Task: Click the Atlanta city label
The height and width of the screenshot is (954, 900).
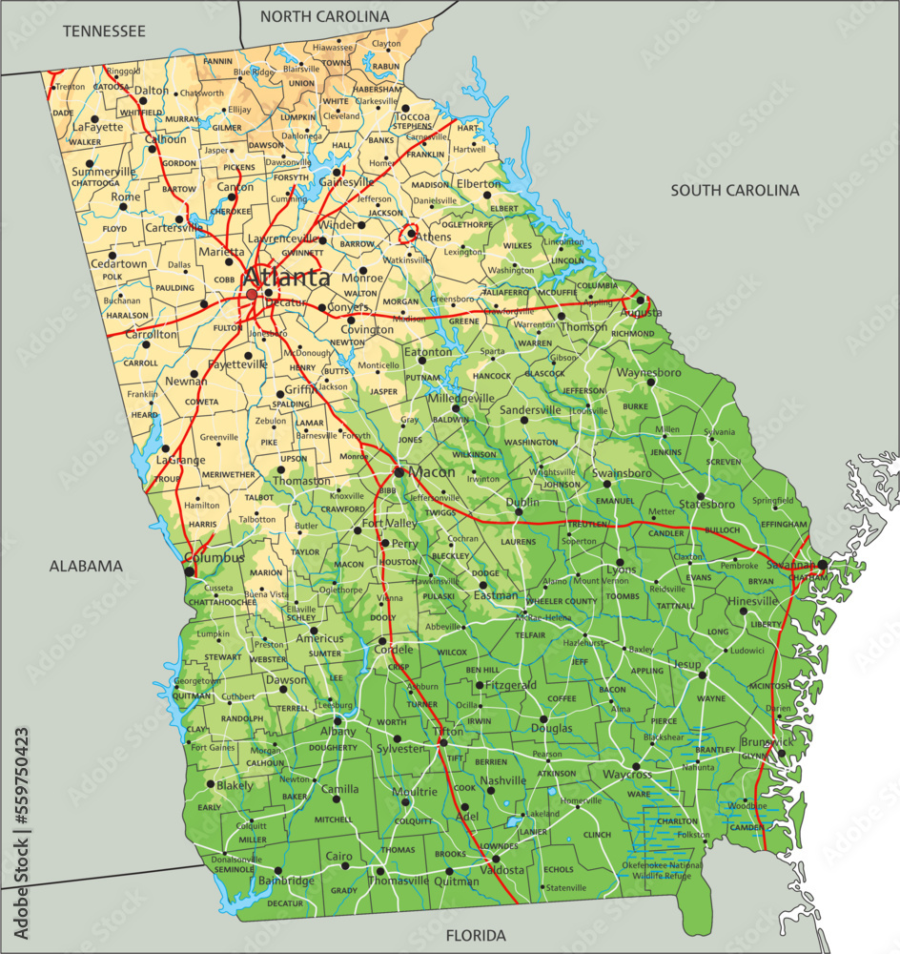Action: [286, 278]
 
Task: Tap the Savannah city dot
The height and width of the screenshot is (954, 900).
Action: [822, 565]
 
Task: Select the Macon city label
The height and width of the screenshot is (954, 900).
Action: [432, 472]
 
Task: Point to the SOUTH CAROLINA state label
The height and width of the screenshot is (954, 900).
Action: [734, 190]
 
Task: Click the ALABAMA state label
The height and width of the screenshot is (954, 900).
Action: [86, 566]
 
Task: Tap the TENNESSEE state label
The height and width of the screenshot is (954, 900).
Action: [104, 31]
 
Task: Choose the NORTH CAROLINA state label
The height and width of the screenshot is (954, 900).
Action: [324, 16]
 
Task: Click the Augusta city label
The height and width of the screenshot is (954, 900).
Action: [641, 312]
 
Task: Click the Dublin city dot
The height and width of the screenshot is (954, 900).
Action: [519, 511]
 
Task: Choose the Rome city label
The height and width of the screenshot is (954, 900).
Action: [126, 197]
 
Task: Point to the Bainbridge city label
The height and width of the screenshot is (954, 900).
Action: [287, 881]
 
